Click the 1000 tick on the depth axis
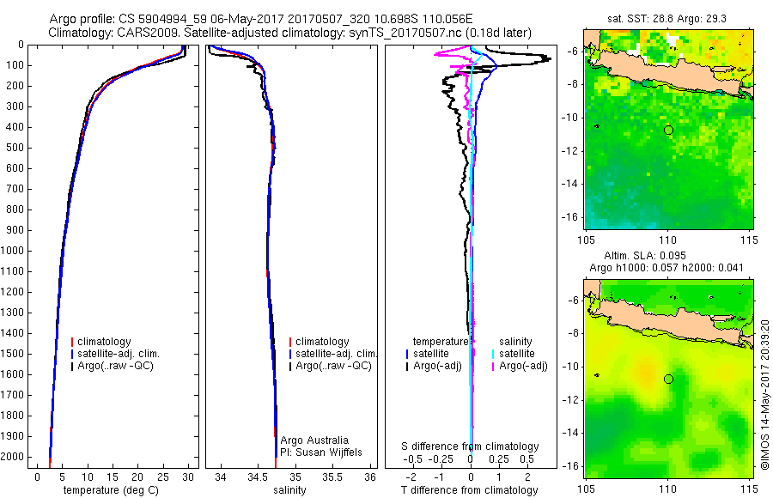[x=13, y=251]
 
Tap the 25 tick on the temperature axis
[x=162, y=477]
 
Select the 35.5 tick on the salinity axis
[x=332, y=477]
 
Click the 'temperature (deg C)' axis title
[x=111, y=490]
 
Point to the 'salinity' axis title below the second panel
[x=289, y=490]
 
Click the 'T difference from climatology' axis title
[x=469, y=490]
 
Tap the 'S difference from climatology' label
[x=470, y=446]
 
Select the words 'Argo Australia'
[x=314, y=440]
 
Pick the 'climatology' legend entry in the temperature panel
[x=104, y=342]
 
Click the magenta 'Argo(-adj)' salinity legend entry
[x=523, y=366]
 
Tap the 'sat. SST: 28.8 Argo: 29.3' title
[x=667, y=19]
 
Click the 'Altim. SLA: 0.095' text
[x=645, y=255]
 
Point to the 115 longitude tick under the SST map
[x=750, y=240]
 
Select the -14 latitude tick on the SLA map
[x=570, y=433]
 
